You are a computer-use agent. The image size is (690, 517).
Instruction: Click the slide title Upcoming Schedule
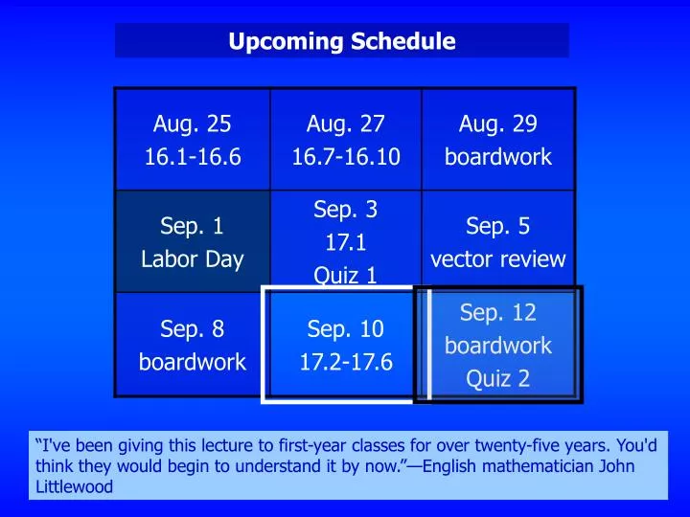[341, 41]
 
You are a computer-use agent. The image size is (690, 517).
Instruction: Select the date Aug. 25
[193, 124]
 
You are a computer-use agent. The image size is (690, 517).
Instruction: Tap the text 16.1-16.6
[193, 157]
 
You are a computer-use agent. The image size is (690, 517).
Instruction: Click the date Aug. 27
[345, 124]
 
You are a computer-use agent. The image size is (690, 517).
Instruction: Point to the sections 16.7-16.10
[345, 157]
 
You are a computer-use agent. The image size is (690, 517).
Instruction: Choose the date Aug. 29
[497, 124]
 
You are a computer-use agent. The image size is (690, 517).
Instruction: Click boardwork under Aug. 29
[497, 157]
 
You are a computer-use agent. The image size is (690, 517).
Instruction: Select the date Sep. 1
[193, 226]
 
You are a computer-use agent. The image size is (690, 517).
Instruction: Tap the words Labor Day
[193, 259]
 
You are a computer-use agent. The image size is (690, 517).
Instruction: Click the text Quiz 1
[345, 276]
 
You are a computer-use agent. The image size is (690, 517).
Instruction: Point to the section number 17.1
[345, 242]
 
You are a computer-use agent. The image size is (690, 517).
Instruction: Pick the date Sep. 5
[497, 226]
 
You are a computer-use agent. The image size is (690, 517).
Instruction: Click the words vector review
[497, 259]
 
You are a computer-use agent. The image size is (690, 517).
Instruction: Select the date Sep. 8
[193, 329]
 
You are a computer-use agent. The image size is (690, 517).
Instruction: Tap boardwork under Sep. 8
[193, 363]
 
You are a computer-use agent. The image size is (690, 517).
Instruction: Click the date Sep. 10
[345, 329]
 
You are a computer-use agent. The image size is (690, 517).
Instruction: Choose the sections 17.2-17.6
[345, 363]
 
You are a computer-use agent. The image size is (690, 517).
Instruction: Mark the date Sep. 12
[497, 312]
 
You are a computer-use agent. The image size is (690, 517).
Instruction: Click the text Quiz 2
[497, 379]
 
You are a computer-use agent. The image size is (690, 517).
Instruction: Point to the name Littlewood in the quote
[73, 486]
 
